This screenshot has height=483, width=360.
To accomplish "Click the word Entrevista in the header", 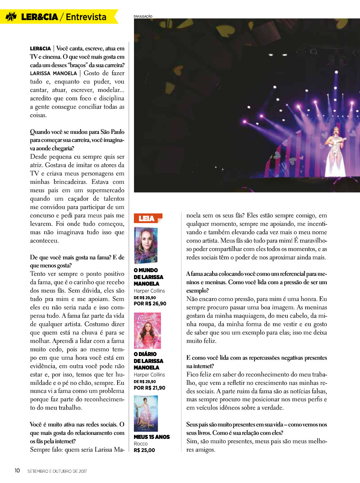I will click(86, 17).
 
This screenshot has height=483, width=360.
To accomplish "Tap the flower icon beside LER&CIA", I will click(11, 17).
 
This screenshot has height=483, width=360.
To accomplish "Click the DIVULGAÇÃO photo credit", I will click(143, 16).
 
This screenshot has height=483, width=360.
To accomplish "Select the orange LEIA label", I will click(147, 218).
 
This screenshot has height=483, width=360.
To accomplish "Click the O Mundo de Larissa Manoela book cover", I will click(146, 245).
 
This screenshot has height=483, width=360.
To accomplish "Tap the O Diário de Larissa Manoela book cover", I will click(147, 331).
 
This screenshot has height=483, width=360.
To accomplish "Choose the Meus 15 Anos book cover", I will click(146, 413).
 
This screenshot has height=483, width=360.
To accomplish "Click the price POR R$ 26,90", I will click(150, 304).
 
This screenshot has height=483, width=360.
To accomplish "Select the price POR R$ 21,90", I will click(150, 388).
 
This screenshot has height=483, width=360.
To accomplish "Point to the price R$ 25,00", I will click(144, 450).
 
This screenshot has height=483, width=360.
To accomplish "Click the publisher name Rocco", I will click(141, 444).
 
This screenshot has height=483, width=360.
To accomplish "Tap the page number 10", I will click(17, 471).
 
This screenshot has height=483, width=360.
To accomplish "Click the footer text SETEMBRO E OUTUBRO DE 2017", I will click(57, 471).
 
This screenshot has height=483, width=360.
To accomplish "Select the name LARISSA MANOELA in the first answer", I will click(53, 73).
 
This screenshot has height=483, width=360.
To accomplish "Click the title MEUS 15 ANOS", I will click(152, 437).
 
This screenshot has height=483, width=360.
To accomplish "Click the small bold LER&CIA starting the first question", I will click(40, 49).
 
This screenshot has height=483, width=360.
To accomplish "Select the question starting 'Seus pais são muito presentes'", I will click(257, 429).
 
